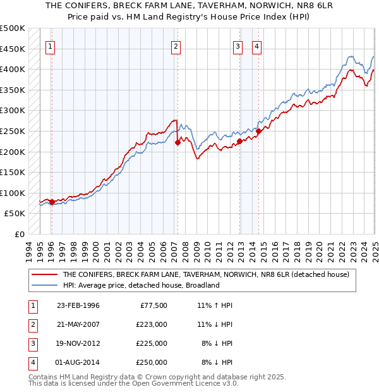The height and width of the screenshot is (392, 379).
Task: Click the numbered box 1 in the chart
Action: click(50, 46)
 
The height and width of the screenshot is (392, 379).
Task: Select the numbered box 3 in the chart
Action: click(238, 46)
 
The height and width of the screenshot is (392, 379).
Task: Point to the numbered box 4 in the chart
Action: click(257, 46)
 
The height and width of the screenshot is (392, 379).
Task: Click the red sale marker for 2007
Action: click(177, 142)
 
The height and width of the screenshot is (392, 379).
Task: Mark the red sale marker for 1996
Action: click(52, 202)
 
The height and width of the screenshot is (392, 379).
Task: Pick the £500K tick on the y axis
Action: click(13, 28)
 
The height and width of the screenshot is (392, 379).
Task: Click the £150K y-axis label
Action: click(13, 172)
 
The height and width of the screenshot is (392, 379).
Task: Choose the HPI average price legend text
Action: click(140, 285)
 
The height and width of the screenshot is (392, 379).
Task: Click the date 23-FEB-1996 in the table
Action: click(78, 305)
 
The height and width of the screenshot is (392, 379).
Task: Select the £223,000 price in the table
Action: click(152, 324)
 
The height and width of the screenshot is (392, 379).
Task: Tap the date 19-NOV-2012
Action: click(78, 343)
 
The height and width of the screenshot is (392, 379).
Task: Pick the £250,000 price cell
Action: click(152, 362)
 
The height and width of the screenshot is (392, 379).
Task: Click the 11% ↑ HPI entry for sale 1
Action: click(215, 305)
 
